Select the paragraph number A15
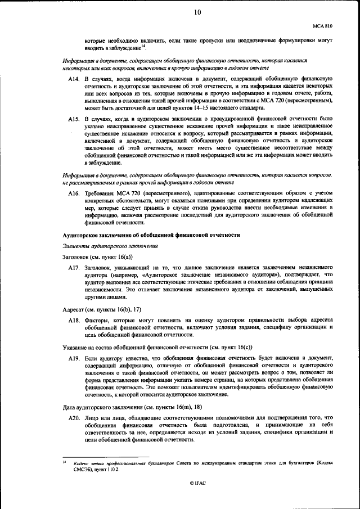(x=74, y=119)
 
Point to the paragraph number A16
(x=74, y=193)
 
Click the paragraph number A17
(x=74, y=267)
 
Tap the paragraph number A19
(x=74, y=358)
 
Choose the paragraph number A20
(x=74, y=418)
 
